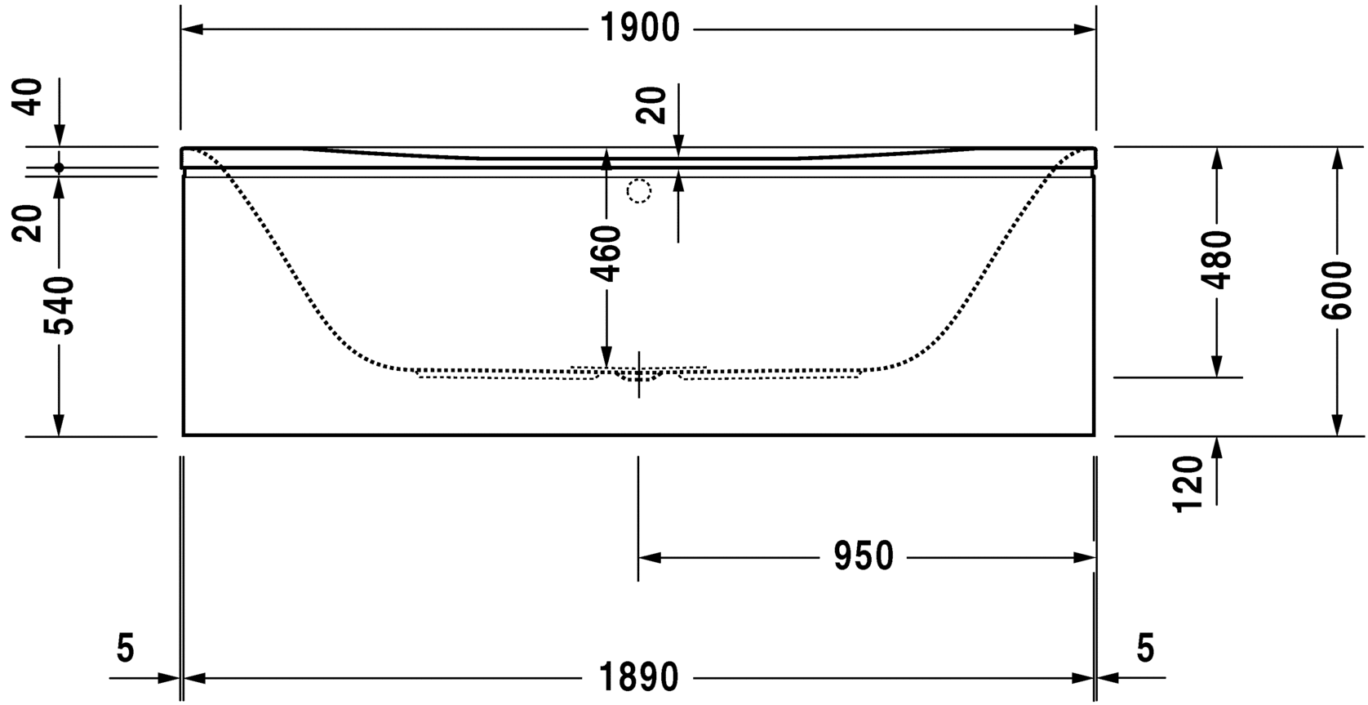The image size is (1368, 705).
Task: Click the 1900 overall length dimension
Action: [639, 28]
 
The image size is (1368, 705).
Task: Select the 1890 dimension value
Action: [639, 677]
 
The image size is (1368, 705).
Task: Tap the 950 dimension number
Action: [864, 556]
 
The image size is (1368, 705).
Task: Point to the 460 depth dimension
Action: [607, 254]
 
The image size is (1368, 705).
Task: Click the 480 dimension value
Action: [1216, 260]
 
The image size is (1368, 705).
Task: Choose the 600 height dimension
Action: [1336, 291]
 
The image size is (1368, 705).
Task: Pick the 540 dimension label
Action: [59, 305]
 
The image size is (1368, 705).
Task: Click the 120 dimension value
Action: [1188, 484]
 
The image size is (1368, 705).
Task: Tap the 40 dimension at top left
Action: [28, 96]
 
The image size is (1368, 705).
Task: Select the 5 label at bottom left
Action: [125, 648]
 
